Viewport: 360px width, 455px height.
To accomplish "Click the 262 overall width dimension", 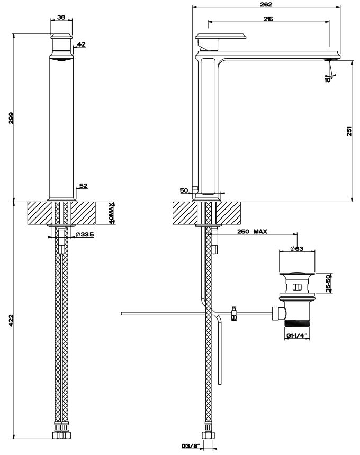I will (266, 4).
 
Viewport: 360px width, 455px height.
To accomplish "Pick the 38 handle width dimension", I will (61, 17).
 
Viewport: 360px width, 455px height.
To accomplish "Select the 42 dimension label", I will (82, 44).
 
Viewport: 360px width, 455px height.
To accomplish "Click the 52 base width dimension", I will (84, 186).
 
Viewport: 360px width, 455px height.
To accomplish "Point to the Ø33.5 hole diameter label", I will (85, 235).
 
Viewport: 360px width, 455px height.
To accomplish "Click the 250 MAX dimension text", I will (252, 232).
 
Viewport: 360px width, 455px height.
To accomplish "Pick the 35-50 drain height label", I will (328, 284).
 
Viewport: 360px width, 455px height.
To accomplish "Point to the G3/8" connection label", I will (189, 446).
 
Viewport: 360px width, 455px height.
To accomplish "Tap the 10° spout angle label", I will (328, 80).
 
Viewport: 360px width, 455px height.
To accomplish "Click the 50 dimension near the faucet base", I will (184, 190).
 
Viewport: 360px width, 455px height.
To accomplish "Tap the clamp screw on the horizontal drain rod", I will (233, 313).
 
